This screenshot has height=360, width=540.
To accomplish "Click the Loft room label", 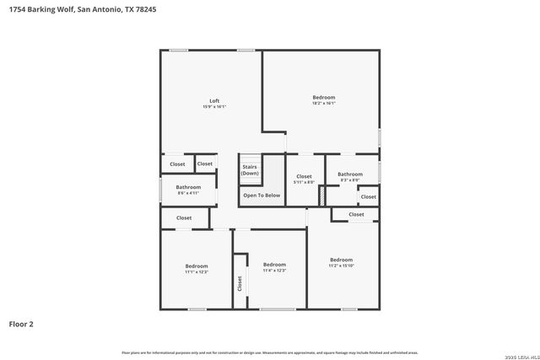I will tap(214, 101).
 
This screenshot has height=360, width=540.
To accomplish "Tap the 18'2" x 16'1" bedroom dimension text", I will tap(324, 104).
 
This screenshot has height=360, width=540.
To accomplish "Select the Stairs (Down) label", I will tap(250, 170).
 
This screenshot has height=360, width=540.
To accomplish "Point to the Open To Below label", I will tap(262, 196).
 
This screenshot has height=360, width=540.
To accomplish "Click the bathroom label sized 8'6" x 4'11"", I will tap(188, 187).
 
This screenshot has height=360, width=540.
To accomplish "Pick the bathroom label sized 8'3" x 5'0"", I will tap(350, 174).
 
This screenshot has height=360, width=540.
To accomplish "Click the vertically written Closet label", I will tap(240, 283).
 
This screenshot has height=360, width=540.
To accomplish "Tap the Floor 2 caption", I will tap(22, 324).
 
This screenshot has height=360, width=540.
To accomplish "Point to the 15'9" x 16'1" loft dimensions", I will tap(214, 107).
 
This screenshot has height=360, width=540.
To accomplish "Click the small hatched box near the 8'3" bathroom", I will tap(321, 195).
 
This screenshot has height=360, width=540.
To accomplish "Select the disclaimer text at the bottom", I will tap(270, 352).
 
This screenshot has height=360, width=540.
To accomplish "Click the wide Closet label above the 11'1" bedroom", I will tap(184, 218).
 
